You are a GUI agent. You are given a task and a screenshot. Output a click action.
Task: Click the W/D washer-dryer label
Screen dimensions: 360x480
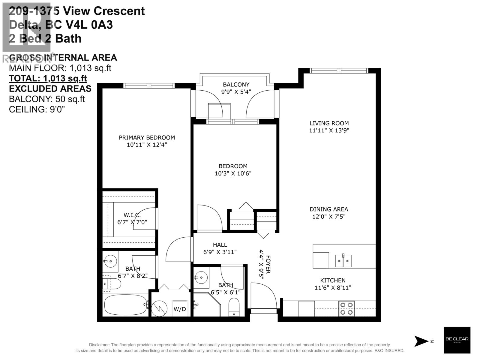[x=180, y=309]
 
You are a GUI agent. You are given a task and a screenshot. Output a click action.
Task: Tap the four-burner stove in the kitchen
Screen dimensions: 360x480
[x=346, y=309]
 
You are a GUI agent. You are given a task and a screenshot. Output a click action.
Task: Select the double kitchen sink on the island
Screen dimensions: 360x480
[x=343, y=261]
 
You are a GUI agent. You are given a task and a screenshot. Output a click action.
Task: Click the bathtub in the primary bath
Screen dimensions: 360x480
[x=125, y=305]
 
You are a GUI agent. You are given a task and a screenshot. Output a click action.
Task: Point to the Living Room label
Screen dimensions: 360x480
[x=329, y=123]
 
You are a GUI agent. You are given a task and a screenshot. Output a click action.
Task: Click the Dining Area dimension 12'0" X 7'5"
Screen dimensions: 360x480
[x=329, y=217]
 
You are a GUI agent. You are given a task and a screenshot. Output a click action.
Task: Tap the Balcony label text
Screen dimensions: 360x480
[x=236, y=85]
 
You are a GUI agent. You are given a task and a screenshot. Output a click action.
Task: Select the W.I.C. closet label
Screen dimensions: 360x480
[x=132, y=215]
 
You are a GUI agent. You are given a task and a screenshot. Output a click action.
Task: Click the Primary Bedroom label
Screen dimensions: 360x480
[x=147, y=137]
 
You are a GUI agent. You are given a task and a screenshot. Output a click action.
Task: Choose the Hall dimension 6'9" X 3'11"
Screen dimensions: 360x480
[x=220, y=252]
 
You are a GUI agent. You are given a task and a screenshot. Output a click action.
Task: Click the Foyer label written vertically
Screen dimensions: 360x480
[x=268, y=264]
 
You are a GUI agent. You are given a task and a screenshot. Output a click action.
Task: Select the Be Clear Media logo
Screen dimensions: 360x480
[x=457, y=340]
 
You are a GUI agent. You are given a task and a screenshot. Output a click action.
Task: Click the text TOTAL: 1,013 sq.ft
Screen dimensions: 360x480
[x=48, y=78]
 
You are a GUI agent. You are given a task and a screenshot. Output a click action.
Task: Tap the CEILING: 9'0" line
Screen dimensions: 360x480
[x=37, y=109]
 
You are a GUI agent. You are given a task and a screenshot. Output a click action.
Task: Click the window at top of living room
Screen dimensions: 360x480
[x=339, y=71]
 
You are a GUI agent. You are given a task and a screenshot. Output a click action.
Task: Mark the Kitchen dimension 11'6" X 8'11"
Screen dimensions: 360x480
[x=333, y=288]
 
